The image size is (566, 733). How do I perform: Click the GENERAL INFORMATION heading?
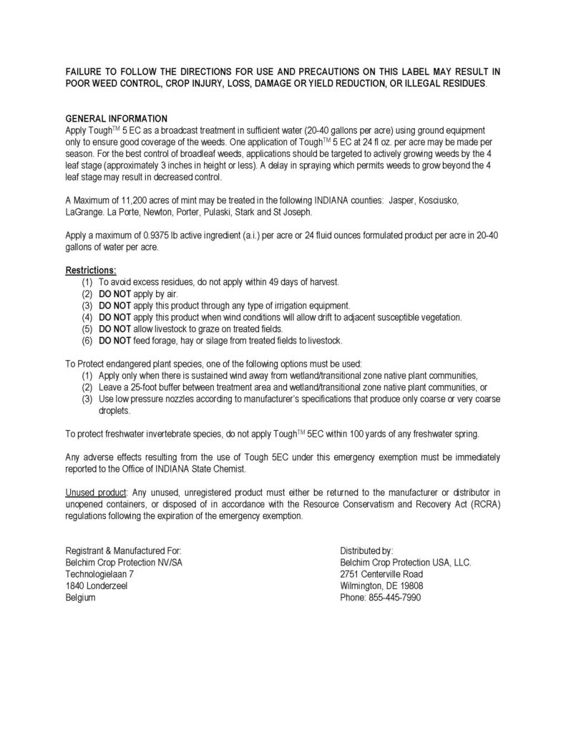pos(117,117)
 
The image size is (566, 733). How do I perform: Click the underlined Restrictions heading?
pos(91,271)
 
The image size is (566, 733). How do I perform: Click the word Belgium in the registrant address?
pos(81,598)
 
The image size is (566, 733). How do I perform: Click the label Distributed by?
pos(367,550)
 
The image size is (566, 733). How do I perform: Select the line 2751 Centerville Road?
pos(382,574)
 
